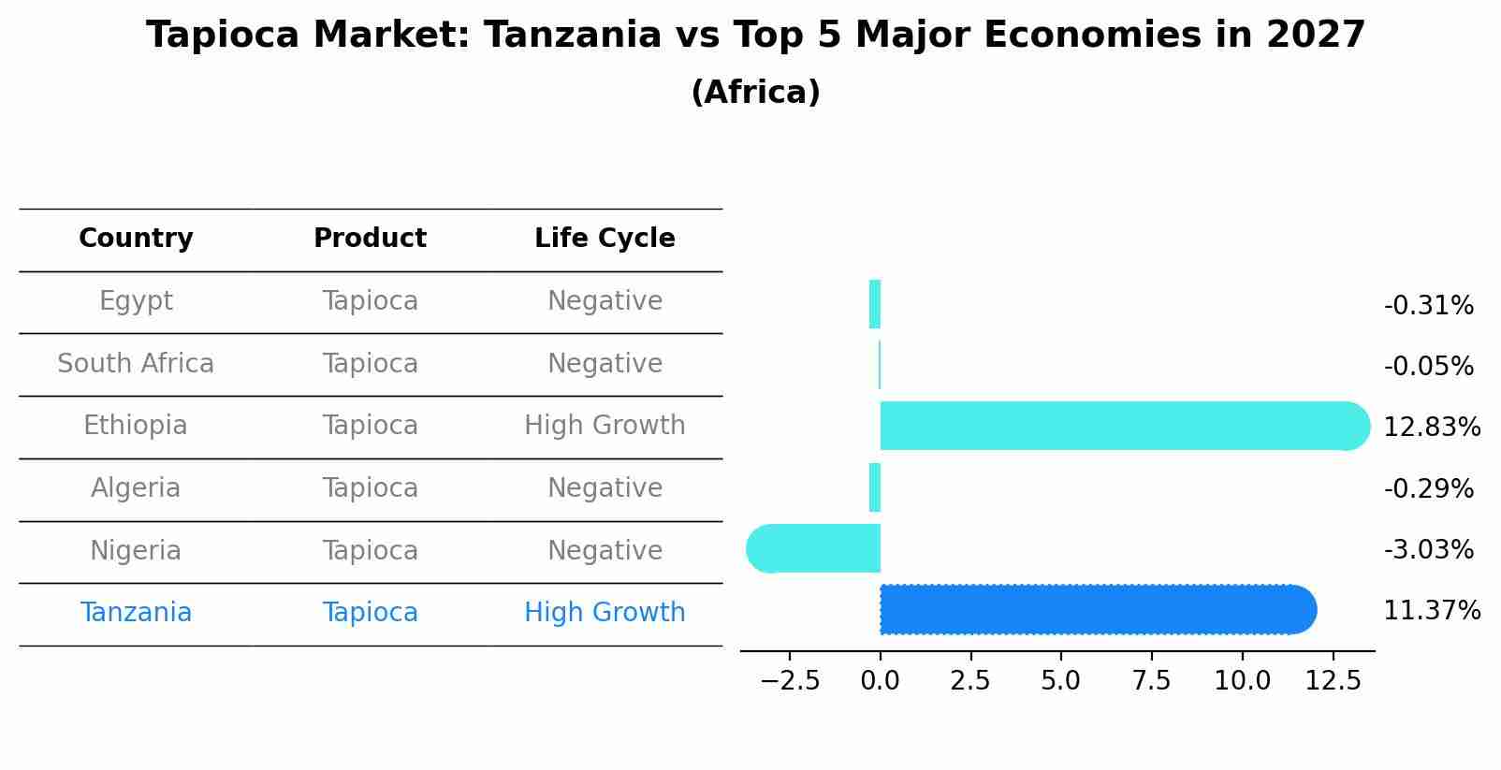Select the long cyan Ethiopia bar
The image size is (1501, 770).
[x=1123, y=426]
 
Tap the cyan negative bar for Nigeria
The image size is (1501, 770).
[x=814, y=548]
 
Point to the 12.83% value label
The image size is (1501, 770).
[x=1431, y=428]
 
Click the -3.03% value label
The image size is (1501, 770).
[x=1428, y=550]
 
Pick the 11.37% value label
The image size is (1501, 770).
[x=1431, y=611]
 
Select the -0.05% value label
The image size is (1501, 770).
[x=1428, y=367]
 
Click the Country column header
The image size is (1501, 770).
[x=136, y=239]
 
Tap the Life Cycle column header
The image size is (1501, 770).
[x=605, y=239]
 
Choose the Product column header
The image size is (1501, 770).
[x=370, y=239]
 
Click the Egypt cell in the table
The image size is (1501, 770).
[x=136, y=301]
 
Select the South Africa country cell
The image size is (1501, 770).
[x=136, y=364]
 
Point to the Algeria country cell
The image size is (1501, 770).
[x=136, y=488]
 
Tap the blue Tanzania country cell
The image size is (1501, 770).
[x=136, y=613]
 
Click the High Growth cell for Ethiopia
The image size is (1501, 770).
[x=605, y=426]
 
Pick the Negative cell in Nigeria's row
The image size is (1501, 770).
[x=605, y=551]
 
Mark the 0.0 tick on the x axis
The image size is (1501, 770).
[x=880, y=681]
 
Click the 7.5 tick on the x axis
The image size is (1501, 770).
[x=1151, y=681]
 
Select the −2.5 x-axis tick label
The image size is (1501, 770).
[x=790, y=681]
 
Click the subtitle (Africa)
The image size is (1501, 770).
[x=755, y=93]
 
